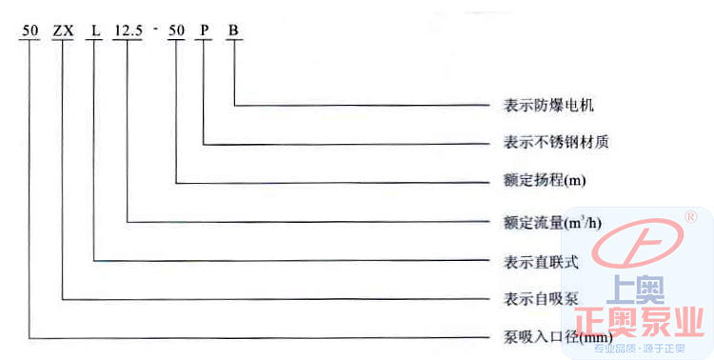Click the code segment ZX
click(63, 30)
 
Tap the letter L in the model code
click(95, 30)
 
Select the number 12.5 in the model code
click(128, 30)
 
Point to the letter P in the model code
click(203, 30)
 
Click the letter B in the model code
click(233, 30)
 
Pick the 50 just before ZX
click(30, 30)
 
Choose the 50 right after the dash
click(176, 30)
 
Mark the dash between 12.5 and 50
click(155, 30)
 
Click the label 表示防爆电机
click(548, 106)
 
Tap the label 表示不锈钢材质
click(556, 143)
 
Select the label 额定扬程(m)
click(544, 181)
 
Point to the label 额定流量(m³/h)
click(552, 223)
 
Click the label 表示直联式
click(541, 262)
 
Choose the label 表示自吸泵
click(541, 299)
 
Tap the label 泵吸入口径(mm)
click(557, 338)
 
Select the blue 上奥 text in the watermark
click(636, 290)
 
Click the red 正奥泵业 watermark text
click(639, 322)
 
